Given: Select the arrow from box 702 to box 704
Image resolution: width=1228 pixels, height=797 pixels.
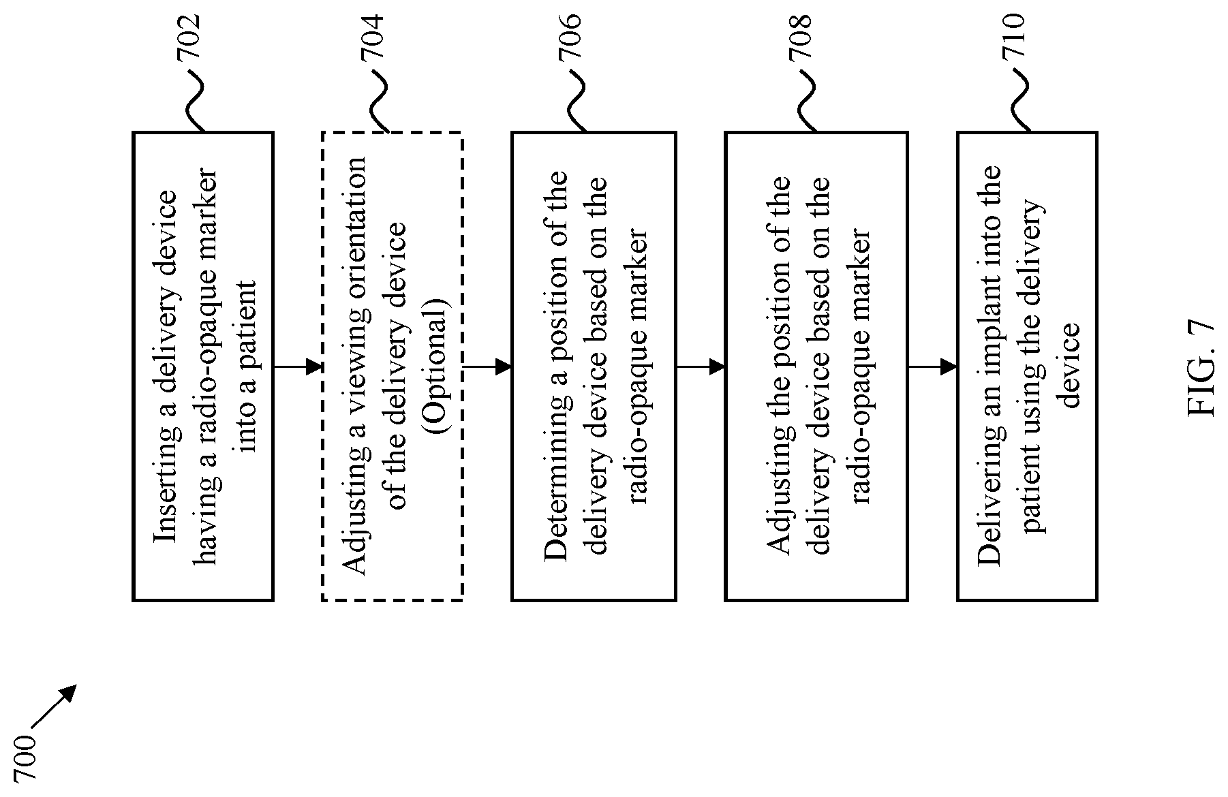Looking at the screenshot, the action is [x=298, y=367].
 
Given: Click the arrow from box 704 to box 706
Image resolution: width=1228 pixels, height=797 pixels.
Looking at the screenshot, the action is [x=487, y=367].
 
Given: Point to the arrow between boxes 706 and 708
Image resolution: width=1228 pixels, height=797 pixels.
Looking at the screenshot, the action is [x=701, y=367].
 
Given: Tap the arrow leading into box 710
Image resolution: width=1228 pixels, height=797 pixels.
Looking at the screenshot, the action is [x=932, y=367].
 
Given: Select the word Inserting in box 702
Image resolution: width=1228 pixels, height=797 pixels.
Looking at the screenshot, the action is [x=166, y=486].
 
